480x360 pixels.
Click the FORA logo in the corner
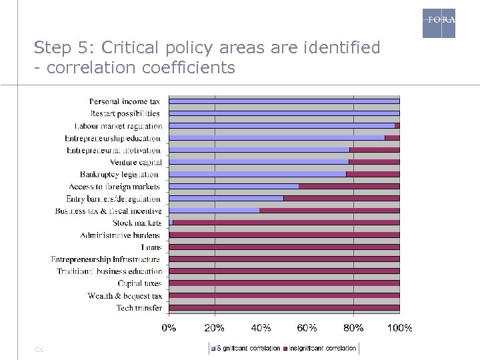[439, 23]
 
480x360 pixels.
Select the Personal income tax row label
[125, 101]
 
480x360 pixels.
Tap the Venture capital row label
[136, 162]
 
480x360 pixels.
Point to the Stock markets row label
[137, 223]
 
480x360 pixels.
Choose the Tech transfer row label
[139, 307]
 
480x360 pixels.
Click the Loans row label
[151, 247]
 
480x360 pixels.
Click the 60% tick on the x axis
[307, 327]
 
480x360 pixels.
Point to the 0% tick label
[169, 327]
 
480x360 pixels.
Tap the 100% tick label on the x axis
[399, 327]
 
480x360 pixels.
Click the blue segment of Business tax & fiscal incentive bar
[214, 211]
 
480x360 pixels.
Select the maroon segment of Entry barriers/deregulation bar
[341, 198]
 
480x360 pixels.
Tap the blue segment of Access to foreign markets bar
[233, 186]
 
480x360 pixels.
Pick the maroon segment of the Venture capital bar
[374, 162]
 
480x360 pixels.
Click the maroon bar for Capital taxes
[284, 283]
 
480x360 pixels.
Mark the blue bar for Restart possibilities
[284, 113]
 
